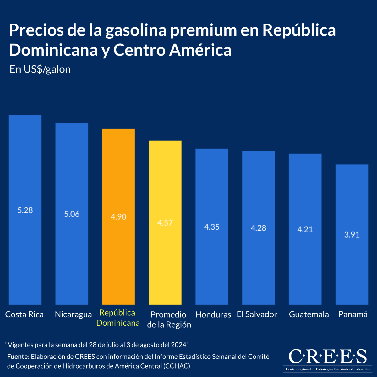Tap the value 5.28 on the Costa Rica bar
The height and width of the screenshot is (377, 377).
[x=25, y=210]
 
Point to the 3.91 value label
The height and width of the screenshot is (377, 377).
[x=352, y=235]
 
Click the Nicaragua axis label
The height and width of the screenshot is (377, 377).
[x=73, y=314]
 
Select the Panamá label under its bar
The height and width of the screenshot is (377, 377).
[x=353, y=314]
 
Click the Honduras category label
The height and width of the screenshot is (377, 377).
[x=213, y=314]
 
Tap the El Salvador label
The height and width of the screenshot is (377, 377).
[x=257, y=314]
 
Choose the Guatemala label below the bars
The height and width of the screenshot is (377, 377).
[x=309, y=314]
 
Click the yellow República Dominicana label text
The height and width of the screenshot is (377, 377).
[x=118, y=318]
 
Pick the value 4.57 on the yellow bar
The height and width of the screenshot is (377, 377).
[x=165, y=223]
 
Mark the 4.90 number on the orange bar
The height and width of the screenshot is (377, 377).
[x=118, y=217]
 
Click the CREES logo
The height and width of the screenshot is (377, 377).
[x=327, y=358]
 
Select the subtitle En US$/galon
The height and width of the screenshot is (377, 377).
[x=40, y=69]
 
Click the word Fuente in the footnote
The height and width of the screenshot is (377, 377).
[x=18, y=357]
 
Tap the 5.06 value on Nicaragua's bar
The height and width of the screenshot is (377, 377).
[x=72, y=214]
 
